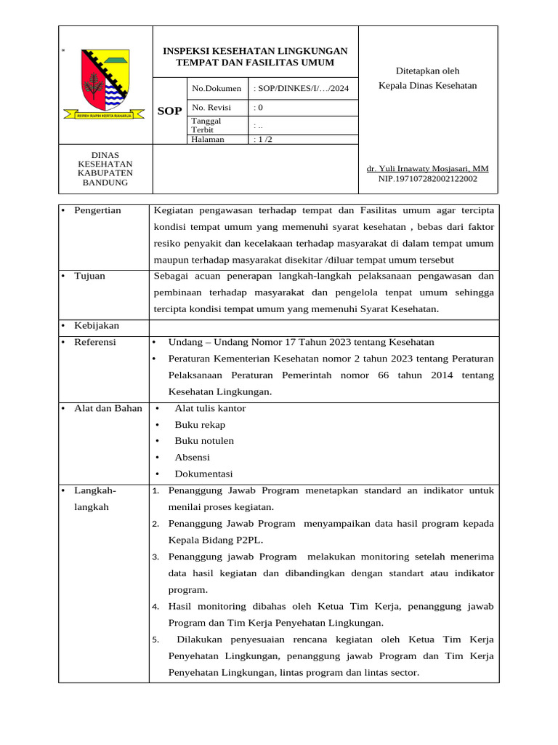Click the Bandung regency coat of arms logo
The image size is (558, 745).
[105, 84]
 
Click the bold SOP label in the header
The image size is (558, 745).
[170, 111]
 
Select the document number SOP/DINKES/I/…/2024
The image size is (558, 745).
[302, 88]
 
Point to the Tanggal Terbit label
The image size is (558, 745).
[206, 125]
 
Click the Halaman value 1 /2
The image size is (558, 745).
[263, 140]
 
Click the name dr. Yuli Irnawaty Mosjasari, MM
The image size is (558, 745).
[428, 169]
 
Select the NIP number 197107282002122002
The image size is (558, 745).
[428, 178]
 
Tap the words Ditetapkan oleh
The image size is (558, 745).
[427, 71]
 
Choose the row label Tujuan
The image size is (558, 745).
[89, 276]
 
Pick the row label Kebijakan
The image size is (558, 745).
[96, 325]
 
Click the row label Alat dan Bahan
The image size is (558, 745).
[108, 408]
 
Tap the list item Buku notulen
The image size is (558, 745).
[204, 441]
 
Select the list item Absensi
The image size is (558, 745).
[192, 457]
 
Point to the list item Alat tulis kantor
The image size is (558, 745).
[210, 408]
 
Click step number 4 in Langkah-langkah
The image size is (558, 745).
[155, 607]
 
